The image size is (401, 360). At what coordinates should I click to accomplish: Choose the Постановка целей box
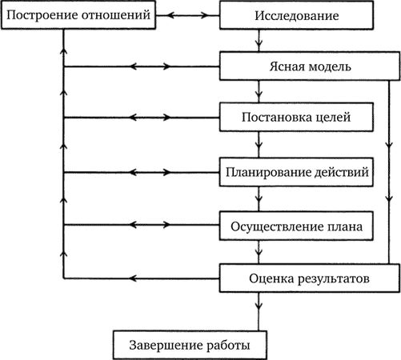(x=295, y=118)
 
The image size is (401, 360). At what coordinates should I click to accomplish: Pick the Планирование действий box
(x=295, y=171)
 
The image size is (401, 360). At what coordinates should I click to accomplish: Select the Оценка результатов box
(x=309, y=278)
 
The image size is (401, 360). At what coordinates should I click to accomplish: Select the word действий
(x=337, y=171)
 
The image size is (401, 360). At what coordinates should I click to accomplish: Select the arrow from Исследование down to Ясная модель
(x=257, y=40)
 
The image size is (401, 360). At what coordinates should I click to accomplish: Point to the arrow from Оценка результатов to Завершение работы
(x=257, y=310)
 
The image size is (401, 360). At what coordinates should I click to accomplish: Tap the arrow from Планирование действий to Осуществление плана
(x=257, y=198)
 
